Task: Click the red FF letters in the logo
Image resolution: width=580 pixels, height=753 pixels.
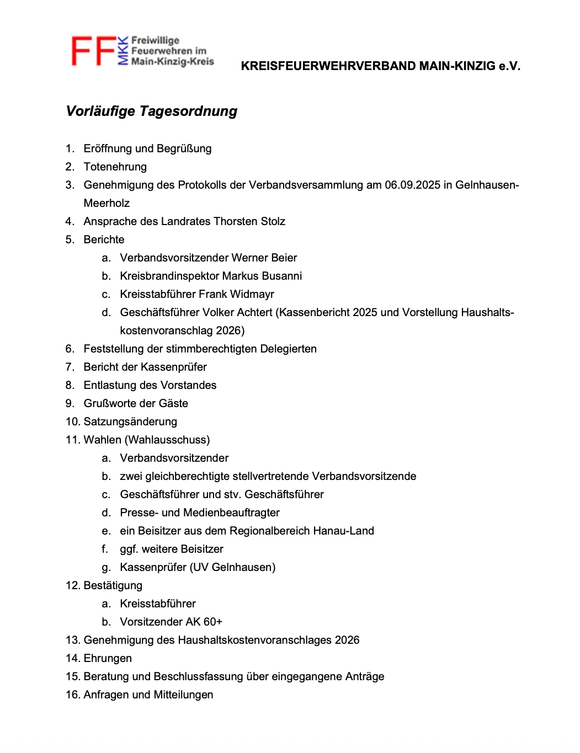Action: (x=94, y=51)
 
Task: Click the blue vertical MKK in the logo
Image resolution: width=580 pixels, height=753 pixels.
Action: (x=124, y=51)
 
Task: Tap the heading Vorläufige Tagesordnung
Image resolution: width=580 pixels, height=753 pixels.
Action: (x=152, y=111)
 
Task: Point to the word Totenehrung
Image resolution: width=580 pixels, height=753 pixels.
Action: (x=115, y=167)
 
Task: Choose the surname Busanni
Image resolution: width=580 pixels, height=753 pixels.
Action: (x=281, y=276)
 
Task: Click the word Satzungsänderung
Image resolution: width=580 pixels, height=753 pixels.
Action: (x=130, y=421)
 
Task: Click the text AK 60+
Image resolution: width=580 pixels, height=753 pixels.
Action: (x=204, y=622)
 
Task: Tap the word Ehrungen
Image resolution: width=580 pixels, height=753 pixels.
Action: (x=108, y=658)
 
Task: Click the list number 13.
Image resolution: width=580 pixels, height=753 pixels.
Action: (x=72, y=640)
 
